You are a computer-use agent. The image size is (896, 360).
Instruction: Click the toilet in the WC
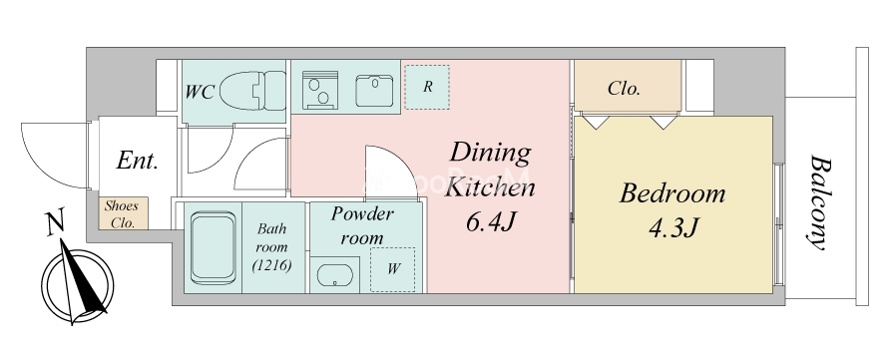click(x=252, y=91)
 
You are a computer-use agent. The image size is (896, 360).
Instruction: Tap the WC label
click(x=200, y=92)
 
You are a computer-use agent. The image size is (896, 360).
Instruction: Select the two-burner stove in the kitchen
click(x=320, y=90)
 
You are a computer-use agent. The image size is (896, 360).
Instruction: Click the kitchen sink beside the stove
click(x=374, y=91)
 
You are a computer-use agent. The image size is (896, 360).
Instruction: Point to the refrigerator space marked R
click(x=427, y=87)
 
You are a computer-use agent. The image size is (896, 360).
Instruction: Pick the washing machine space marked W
click(x=392, y=269)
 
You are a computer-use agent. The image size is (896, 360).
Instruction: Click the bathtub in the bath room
click(x=214, y=248)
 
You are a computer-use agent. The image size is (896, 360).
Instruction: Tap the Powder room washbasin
click(x=334, y=275)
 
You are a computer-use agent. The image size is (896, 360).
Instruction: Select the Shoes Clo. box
click(x=123, y=213)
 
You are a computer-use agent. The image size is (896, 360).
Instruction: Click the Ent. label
click(x=137, y=161)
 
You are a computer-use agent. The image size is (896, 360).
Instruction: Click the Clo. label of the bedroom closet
click(x=624, y=89)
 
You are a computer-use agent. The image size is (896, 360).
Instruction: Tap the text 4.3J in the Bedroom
click(x=673, y=229)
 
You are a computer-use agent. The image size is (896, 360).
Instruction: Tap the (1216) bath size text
click(x=272, y=265)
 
